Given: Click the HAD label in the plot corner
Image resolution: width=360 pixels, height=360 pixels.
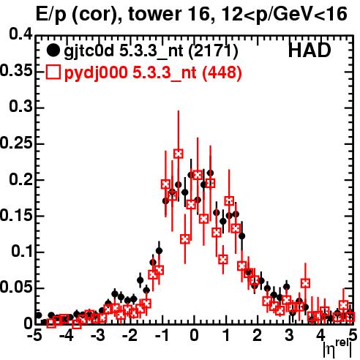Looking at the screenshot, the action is [x=310, y=50].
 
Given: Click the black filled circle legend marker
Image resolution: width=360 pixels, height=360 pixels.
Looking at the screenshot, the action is [x=53, y=50].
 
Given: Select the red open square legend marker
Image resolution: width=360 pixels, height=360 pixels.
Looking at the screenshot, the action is [x=53, y=72].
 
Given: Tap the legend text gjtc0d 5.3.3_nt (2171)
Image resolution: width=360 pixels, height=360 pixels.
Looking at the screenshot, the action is [x=151, y=51].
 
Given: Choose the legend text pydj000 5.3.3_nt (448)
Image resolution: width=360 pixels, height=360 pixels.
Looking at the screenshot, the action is [x=153, y=72].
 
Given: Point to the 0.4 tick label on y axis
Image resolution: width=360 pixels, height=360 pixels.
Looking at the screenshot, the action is [x=21, y=35].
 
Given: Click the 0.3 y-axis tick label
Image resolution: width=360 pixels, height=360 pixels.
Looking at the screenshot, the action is [x=21, y=107].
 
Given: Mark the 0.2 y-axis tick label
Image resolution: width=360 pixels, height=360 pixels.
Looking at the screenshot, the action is [x=21, y=179].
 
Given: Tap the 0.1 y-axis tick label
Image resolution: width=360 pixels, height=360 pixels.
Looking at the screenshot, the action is [x=21, y=251].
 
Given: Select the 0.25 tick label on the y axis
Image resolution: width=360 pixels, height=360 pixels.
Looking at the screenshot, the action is [x=16, y=143].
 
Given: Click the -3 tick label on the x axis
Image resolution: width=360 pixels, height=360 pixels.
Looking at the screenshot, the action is [x=98, y=335].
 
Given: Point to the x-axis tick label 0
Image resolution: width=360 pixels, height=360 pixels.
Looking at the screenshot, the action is [x=194, y=335].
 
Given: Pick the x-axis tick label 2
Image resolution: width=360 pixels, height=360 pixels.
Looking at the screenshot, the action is [x=258, y=335].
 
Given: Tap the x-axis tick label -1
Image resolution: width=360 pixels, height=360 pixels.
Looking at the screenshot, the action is [x=162, y=335].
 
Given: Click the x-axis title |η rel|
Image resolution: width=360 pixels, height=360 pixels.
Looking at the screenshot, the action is [x=337, y=348].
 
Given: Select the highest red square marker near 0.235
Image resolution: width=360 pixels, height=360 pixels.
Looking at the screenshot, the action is [x=179, y=154].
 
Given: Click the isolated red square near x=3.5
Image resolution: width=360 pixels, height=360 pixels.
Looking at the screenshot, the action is [x=305, y=283].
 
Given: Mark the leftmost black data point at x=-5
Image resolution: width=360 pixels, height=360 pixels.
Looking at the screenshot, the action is [x=38, y=315].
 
